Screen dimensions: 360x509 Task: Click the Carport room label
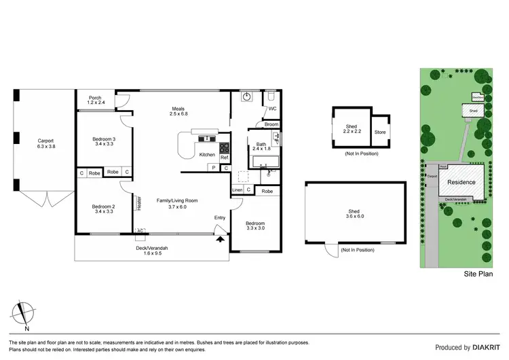point(46,141)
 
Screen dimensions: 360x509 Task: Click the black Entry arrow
point(219,238)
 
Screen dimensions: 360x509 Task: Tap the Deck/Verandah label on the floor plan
point(152,248)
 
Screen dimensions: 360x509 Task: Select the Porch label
point(96,98)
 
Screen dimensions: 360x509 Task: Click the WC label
point(272,109)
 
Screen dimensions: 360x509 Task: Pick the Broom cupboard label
point(271,124)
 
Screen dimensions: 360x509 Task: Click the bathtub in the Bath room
point(265,162)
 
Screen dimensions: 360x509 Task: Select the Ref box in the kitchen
point(224,158)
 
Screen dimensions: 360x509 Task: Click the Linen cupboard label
point(237,190)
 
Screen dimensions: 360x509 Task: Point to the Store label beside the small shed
point(380,132)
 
